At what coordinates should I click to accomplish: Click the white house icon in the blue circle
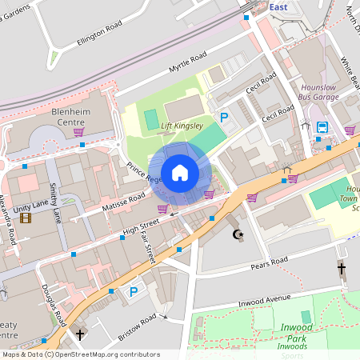[180, 173]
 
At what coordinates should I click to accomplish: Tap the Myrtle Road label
[187, 63]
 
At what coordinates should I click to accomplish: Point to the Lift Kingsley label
[182, 126]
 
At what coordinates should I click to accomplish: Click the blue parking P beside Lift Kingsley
[225, 118]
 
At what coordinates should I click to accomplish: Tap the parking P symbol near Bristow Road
[133, 292]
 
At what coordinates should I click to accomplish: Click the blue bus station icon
[322, 127]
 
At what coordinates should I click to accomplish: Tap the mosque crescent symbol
[236, 234]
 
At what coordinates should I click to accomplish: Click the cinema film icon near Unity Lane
[26, 218]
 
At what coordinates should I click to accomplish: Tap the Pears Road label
[268, 262]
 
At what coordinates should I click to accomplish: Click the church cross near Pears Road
[342, 270]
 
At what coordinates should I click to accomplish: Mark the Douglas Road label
[53, 305]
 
